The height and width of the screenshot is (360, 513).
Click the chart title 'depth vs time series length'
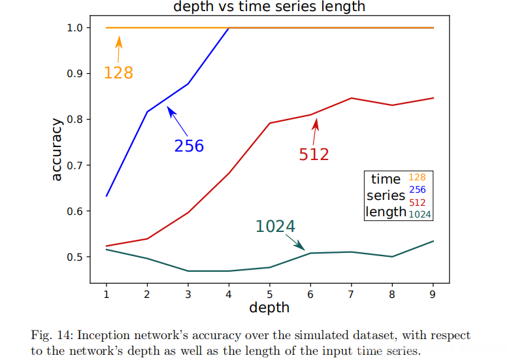click(269, 7)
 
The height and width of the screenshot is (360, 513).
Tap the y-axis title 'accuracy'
click(57, 149)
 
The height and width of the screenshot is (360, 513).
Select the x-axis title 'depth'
click(269, 306)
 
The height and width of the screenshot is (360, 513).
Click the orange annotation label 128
click(118, 73)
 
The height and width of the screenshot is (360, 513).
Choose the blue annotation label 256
click(189, 146)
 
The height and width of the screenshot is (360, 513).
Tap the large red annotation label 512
click(314, 154)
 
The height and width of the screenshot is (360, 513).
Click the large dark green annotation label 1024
click(275, 227)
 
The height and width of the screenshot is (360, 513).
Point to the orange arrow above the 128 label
click(119, 49)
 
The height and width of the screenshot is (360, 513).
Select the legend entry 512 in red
click(417, 203)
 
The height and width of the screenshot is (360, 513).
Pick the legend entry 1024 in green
click(420, 214)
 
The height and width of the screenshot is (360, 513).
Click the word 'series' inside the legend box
click(386, 195)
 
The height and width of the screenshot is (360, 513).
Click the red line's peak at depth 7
click(351, 98)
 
